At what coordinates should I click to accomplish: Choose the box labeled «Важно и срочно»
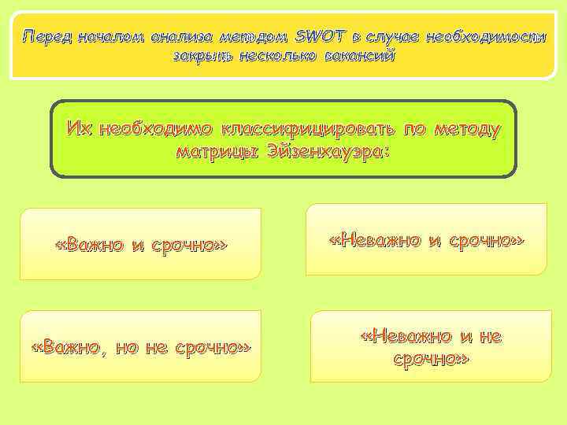(140, 245)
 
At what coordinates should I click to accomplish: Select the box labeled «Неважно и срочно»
(426, 239)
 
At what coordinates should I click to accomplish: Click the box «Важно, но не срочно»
(140, 347)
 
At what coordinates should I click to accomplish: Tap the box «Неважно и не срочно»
(430, 347)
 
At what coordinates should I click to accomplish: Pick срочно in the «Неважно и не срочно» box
(430, 359)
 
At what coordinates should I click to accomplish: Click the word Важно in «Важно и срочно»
(93, 245)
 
